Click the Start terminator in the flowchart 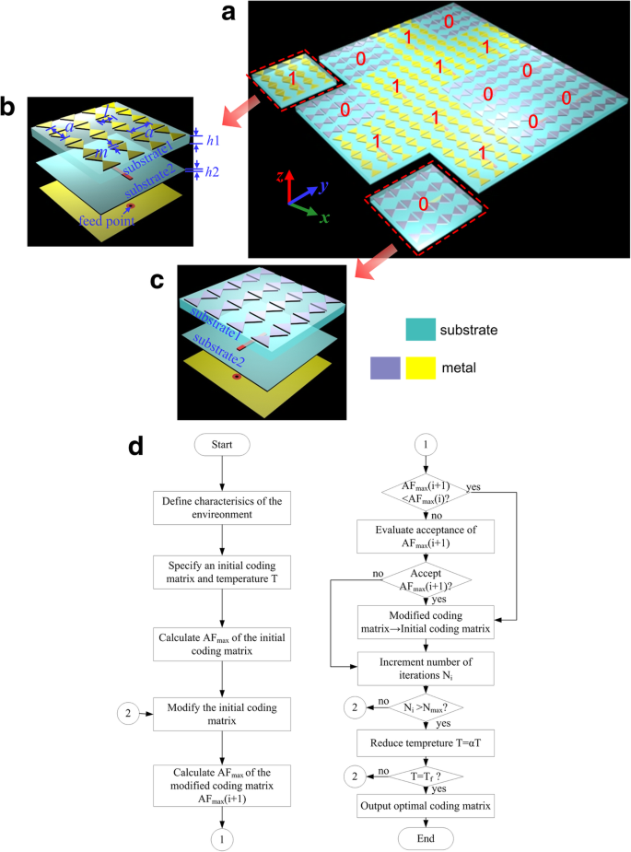coord(221,445)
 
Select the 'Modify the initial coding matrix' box coord(221,712)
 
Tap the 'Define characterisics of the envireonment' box coord(221,506)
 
